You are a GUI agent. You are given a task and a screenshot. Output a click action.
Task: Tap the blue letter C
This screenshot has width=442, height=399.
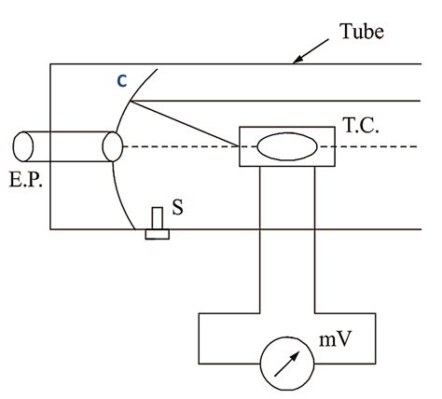[121, 81]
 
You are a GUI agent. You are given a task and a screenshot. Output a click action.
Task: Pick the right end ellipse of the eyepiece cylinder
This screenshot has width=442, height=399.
[112, 145]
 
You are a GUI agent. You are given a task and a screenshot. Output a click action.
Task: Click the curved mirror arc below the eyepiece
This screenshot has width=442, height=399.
[119, 200]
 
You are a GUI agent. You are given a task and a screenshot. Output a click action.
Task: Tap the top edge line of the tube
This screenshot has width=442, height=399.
[233, 63]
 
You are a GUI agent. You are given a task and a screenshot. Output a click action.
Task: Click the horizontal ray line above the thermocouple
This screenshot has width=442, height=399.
[280, 100]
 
